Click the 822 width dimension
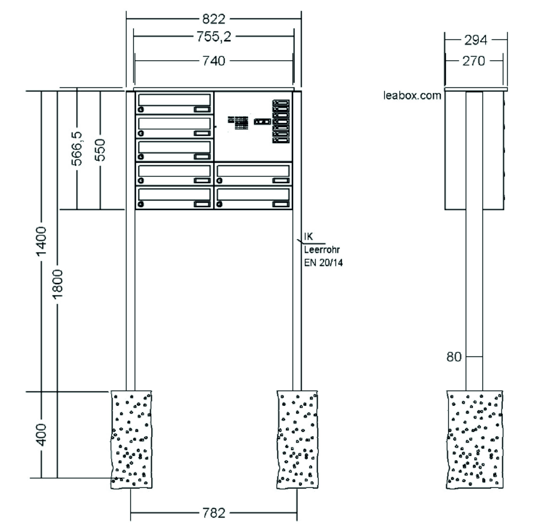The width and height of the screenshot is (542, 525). [x=214, y=19]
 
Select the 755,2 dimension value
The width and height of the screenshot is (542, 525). [x=214, y=36]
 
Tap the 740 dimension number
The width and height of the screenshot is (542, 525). [x=214, y=61]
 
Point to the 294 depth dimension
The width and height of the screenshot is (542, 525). [x=476, y=40]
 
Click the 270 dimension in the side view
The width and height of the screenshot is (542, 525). [x=474, y=61]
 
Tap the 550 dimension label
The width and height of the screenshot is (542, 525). [x=100, y=150]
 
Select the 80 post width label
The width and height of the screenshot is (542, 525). [x=454, y=357]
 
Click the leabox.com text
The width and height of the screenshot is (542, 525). [x=412, y=96]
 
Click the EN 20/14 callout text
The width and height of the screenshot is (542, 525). [x=323, y=262]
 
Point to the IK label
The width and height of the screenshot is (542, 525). [x=309, y=237]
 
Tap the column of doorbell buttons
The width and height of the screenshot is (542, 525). [x=281, y=122]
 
